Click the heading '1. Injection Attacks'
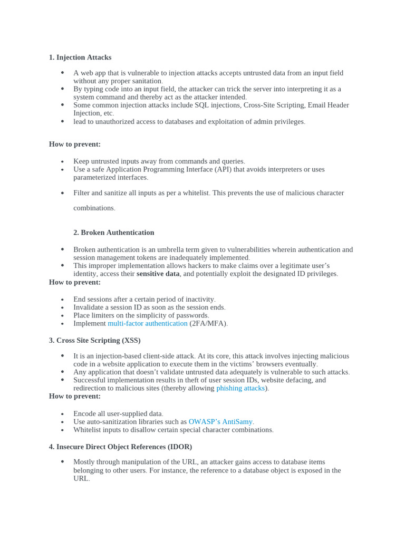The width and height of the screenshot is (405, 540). [80, 57]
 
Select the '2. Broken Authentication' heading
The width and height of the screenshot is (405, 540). [113, 233]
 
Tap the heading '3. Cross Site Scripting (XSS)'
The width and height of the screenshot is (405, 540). [95, 340]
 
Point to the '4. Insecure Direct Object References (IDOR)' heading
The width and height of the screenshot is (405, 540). [120, 447]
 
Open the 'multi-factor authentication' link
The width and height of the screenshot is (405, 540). [148, 323]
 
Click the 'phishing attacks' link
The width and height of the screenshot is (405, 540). [240, 388]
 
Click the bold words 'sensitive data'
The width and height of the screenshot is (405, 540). [158, 274]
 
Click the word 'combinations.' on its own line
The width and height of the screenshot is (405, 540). [94, 208]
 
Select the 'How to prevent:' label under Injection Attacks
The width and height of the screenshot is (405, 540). [75, 144]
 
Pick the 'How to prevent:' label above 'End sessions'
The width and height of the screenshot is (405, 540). [75, 282]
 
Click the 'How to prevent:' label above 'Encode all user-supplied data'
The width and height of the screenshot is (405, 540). [75, 396]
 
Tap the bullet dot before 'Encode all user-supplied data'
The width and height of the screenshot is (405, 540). [62, 414]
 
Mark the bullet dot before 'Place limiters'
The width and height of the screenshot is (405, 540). [62, 315]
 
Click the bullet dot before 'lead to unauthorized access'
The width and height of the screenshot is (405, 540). [62, 121]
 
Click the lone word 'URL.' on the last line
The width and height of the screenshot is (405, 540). [82, 478]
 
